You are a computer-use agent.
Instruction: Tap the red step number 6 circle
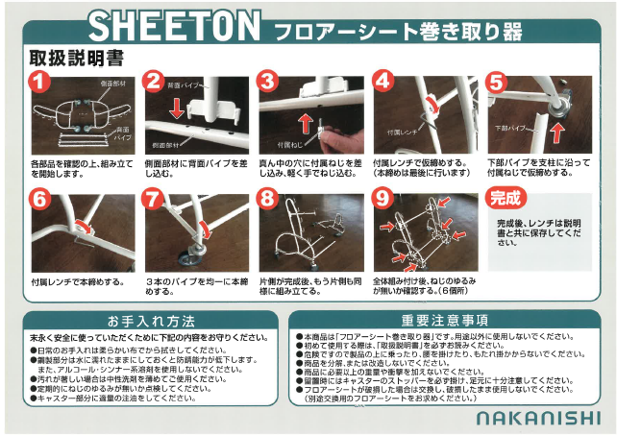[x=39, y=201]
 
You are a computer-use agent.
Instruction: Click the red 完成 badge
[x=506, y=200]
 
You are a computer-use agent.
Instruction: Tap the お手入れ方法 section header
[x=151, y=320]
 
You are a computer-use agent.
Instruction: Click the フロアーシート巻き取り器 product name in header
[x=398, y=30]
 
